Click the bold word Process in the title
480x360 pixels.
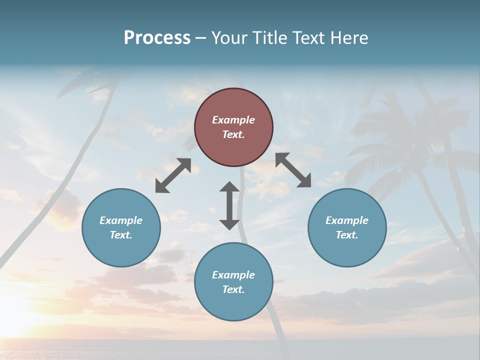pos(157,37)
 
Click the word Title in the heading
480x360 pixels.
pos(269,37)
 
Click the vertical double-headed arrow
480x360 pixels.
pos(229,205)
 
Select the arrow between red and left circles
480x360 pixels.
pos(173,175)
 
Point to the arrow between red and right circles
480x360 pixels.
pos(293,170)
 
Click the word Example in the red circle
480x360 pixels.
pos(233,120)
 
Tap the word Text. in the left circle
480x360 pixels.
pos(121,235)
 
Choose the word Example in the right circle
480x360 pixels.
pos(347,220)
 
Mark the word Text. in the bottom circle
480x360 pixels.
pos(233,289)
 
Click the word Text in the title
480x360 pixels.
pos(309,37)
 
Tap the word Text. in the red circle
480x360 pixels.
pos(233,134)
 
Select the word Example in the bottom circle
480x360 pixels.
pos(233,275)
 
